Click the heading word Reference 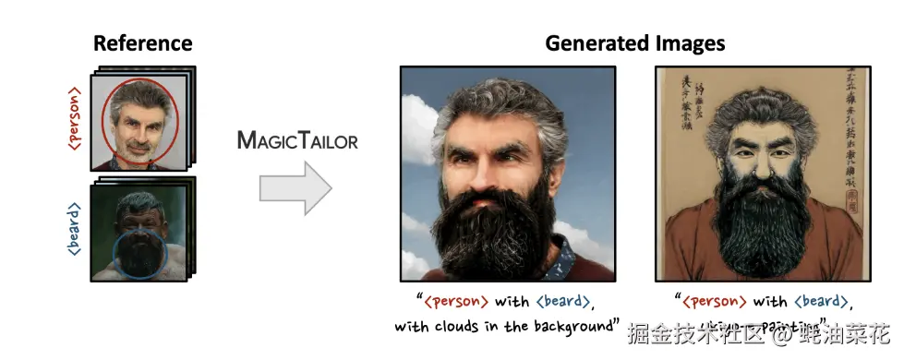pyautogui.click(x=142, y=43)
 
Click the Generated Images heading pyautogui.click(x=634, y=43)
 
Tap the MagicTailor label pyautogui.click(x=296, y=140)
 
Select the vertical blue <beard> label pyautogui.click(x=75, y=227)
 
